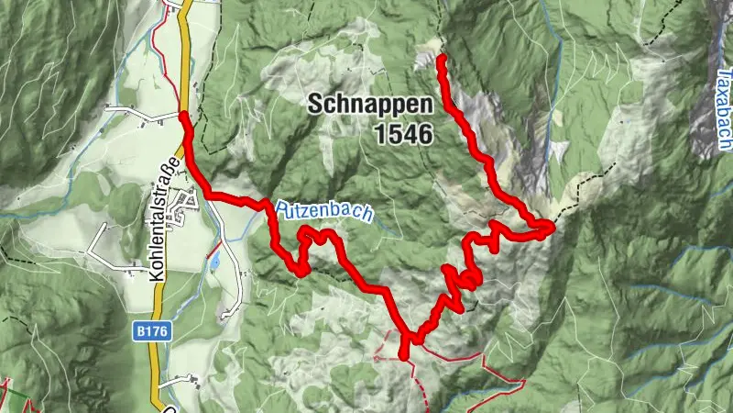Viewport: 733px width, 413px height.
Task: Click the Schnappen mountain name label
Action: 370,103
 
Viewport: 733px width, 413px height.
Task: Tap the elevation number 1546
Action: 402,134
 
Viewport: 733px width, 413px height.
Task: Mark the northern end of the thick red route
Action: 441,59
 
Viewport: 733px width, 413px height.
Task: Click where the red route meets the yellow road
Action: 184,115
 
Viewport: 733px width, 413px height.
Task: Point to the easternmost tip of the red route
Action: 552,224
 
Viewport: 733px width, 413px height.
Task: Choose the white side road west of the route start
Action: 137,112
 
